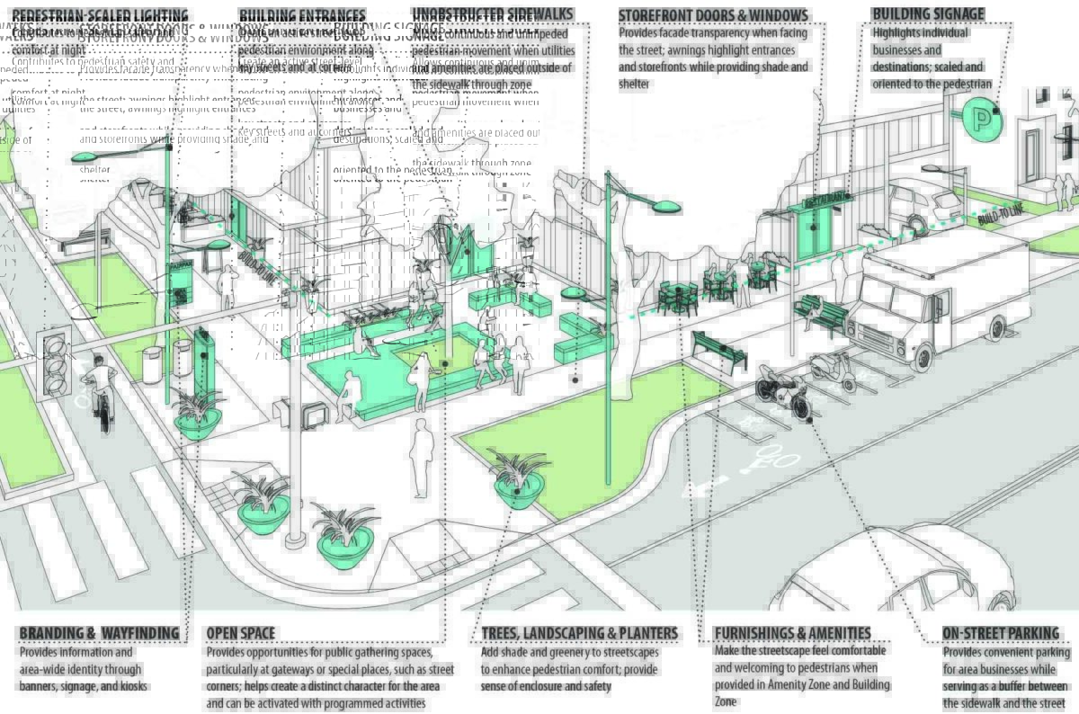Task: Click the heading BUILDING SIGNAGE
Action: click(928, 14)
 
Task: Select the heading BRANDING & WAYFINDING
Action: click(99, 633)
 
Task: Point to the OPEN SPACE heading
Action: click(241, 633)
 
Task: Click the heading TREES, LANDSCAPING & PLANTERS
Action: click(579, 633)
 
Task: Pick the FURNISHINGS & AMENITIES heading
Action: click(792, 633)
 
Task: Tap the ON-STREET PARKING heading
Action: click(1001, 633)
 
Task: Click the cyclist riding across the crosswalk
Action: click(101, 391)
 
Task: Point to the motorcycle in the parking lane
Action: click(783, 392)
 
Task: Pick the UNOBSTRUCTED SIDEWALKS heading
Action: click(492, 14)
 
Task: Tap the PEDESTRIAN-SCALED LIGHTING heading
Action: click(101, 16)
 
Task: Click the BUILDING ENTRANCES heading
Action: click(302, 16)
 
